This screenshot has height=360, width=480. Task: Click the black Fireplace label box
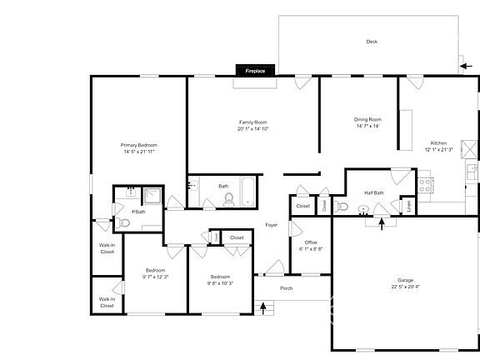[x=255, y=72]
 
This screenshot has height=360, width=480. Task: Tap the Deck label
[x=372, y=42]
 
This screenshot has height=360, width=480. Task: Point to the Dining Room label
[x=367, y=119]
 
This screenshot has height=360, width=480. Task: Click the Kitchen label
[x=438, y=142]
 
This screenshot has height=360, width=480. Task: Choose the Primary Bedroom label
[x=139, y=145]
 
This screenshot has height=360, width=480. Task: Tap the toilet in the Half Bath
[x=341, y=206]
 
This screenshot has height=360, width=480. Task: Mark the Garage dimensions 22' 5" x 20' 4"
[x=405, y=287]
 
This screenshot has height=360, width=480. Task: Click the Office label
[x=310, y=242]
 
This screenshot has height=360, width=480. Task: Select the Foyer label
[x=272, y=225]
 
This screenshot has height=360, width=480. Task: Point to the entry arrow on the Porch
[x=264, y=308]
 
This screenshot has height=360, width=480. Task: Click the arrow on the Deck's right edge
[x=463, y=64]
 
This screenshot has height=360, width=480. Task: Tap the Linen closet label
[x=407, y=204]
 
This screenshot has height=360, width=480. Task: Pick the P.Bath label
[x=138, y=212]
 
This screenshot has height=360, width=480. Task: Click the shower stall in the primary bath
[x=152, y=196]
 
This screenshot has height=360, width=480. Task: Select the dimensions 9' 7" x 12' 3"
[x=156, y=277]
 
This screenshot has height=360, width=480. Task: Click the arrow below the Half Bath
[x=382, y=222]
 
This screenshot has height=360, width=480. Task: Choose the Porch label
[x=286, y=288]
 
